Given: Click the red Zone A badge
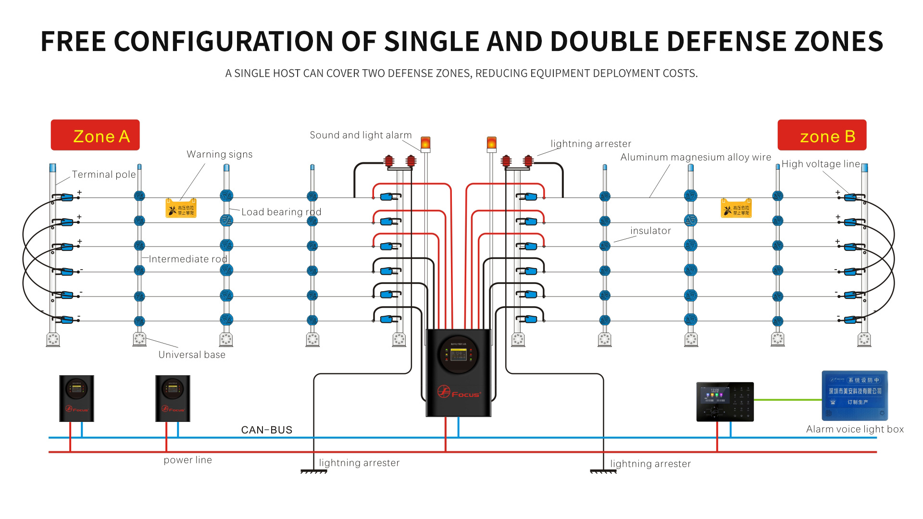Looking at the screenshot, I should pyautogui.click(x=95, y=135).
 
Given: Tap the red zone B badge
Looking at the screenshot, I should pyautogui.click(x=822, y=135).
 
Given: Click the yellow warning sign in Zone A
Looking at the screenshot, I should pyautogui.click(x=181, y=208).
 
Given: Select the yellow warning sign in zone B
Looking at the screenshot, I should pyautogui.click(x=736, y=208).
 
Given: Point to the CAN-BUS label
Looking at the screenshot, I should pyautogui.click(x=267, y=430).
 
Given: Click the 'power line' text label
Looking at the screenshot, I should pyautogui.click(x=187, y=460).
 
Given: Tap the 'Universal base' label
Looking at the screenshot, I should pyautogui.click(x=192, y=355).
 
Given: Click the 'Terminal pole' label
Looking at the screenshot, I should pyautogui.click(x=104, y=174).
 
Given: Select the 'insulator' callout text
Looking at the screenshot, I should pyautogui.click(x=650, y=231).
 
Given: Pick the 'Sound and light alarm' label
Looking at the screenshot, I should pyautogui.click(x=361, y=135).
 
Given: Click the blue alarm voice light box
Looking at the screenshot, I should pyautogui.click(x=855, y=395).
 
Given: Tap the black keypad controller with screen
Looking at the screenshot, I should pyautogui.click(x=725, y=402).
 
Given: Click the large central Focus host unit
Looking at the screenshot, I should pyautogui.click(x=459, y=373).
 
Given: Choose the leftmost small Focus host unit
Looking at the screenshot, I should pyautogui.click(x=76, y=398).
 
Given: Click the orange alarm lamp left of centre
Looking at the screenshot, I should pyautogui.click(x=425, y=143).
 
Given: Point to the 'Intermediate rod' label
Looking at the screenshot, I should pyautogui.click(x=188, y=259).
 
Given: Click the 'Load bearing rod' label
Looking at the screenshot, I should pyautogui.click(x=281, y=212).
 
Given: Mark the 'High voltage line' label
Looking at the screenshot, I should pyautogui.click(x=821, y=164).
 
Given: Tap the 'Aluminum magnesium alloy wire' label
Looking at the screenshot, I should pyautogui.click(x=696, y=157).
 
